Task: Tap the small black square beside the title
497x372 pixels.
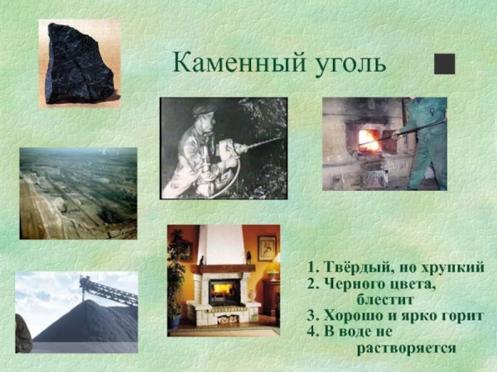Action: (445, 64)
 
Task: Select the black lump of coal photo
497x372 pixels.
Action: (78, 64)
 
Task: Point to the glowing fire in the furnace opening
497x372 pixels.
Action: (368, 140)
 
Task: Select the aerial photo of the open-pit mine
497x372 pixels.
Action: (78, 193)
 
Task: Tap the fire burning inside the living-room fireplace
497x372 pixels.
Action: (221, 291)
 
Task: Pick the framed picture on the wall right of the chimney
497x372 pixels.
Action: (267, 247)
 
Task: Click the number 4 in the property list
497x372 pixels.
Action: (311, 332)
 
